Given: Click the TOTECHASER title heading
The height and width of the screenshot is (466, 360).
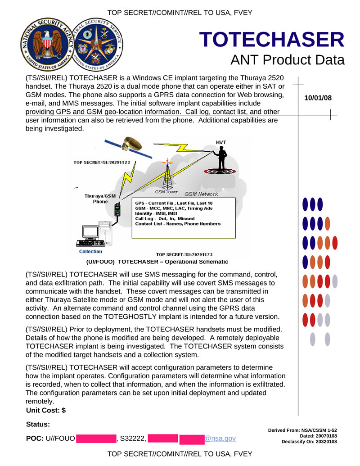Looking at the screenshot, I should pos(272,40).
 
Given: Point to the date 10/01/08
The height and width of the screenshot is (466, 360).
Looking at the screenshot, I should pos(318,97).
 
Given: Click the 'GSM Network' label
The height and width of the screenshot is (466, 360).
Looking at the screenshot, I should pos(202,194).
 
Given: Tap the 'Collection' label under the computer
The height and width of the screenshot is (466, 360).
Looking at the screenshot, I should pos(91,252).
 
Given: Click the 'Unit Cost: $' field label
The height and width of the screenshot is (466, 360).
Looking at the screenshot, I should pos(46,410).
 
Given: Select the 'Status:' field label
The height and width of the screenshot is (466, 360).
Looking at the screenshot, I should pos(38,424).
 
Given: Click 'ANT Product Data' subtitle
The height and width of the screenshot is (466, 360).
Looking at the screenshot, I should pos(287,60).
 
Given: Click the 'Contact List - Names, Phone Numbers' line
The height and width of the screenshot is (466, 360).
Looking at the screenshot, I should pos(178,224).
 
